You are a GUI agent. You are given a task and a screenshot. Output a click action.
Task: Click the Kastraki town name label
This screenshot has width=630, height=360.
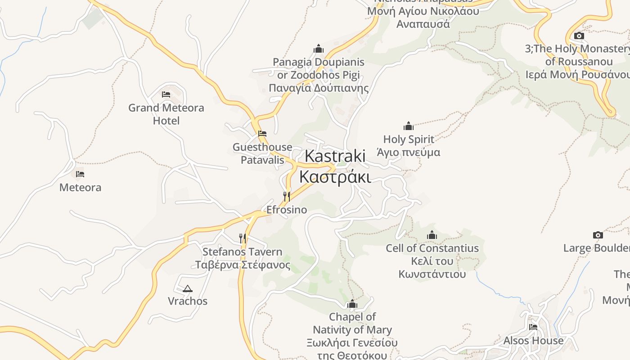pos(335,166)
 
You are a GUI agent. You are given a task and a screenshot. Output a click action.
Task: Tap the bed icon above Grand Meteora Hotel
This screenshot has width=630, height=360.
pos(166,94)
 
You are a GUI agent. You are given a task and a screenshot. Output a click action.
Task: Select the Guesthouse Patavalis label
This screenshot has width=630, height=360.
pos(262,153)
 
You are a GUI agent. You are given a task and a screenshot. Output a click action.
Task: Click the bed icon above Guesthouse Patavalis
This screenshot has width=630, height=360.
pos(262,134)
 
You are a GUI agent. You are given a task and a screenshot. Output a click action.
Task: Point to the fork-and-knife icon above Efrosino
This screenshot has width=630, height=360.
pos(287,196)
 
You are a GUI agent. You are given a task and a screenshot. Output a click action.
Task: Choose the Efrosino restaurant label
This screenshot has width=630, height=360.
pos(287,210)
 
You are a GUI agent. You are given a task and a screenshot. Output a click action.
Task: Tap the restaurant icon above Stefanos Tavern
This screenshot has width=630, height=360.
pos(243,238)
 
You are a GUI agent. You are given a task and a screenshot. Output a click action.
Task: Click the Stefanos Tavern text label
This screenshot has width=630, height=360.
pos(243,258)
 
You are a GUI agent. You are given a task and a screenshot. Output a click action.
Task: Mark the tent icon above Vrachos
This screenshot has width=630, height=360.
pos(188,288)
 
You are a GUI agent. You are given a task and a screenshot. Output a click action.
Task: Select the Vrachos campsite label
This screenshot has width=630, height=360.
pos(188,301)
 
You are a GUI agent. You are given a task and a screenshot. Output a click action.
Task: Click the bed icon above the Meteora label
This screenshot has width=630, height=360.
pos(80,174)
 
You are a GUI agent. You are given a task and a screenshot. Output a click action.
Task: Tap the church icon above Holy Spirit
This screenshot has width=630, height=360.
pos(409,126)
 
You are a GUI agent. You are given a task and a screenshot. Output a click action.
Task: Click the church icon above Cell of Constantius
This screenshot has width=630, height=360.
pos(432,235)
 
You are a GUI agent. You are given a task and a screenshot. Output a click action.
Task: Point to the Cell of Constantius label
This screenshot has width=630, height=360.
pos(432,261)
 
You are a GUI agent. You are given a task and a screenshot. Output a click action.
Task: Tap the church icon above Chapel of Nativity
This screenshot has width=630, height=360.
pos(352,304)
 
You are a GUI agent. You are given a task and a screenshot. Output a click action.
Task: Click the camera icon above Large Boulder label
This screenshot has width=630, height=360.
pos(598,235)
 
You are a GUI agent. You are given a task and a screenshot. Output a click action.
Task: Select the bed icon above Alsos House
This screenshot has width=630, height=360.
pos(533,327)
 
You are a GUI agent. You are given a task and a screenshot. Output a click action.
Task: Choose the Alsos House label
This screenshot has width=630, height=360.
pos(533,341)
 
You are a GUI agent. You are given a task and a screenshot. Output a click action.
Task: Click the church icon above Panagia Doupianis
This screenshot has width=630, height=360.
pos(319,49)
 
